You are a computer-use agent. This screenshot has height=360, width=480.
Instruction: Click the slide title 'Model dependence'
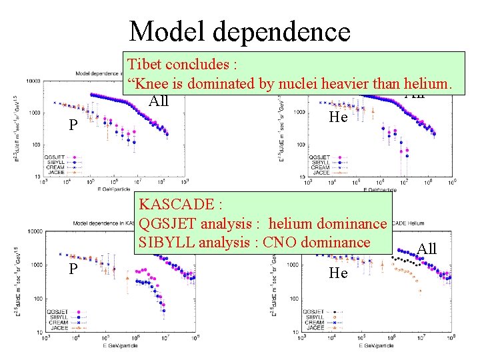tap(239, 31)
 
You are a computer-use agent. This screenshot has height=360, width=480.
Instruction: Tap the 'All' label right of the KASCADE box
tap(426, 249)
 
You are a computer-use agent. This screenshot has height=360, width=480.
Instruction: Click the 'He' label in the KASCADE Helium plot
tap(339, 273)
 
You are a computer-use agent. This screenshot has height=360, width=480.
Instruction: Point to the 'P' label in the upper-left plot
tap(74, 126)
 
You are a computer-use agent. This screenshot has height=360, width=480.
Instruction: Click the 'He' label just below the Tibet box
tap(339, 117)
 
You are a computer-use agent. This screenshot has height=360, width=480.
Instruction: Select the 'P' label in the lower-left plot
tap(73, 269)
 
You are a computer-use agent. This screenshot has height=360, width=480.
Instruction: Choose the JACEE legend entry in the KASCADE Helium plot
tap(316, 328)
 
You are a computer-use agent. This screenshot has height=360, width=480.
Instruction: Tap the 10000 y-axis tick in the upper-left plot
tap(32, 81)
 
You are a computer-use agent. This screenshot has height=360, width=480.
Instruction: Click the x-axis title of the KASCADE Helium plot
tap(377, 345)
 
